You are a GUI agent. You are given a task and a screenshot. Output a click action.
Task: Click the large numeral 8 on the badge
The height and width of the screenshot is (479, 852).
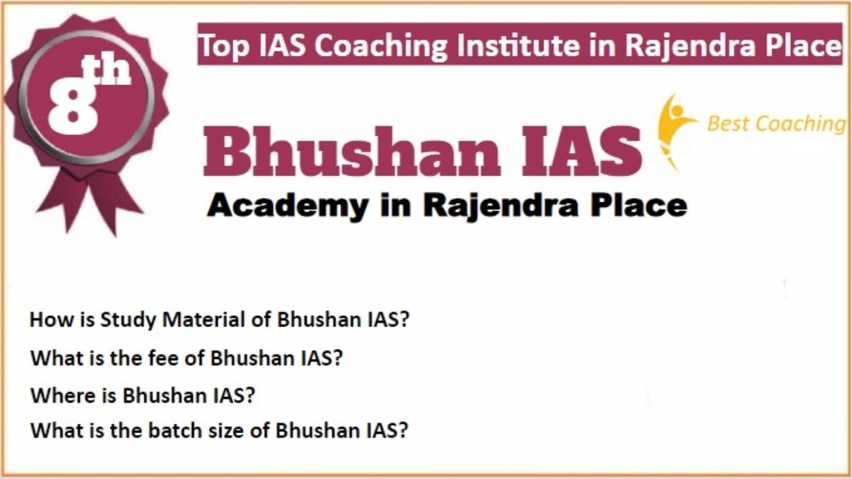tap(72, 108)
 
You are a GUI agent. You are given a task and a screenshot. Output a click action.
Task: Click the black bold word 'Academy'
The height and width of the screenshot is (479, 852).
tap(288, 206)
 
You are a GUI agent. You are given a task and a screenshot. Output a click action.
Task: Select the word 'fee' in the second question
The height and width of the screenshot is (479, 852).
tap(163, 358)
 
